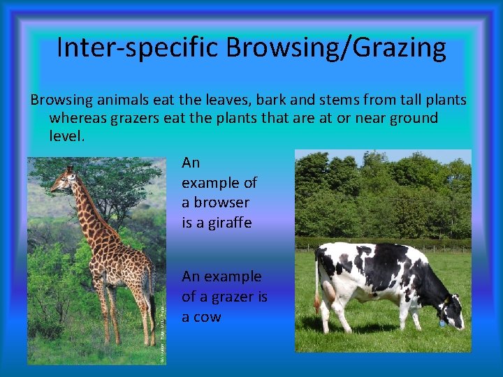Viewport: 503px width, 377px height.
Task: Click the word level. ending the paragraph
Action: [x=66, y=135]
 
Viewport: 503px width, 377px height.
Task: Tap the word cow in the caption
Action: [x=207, y=317]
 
